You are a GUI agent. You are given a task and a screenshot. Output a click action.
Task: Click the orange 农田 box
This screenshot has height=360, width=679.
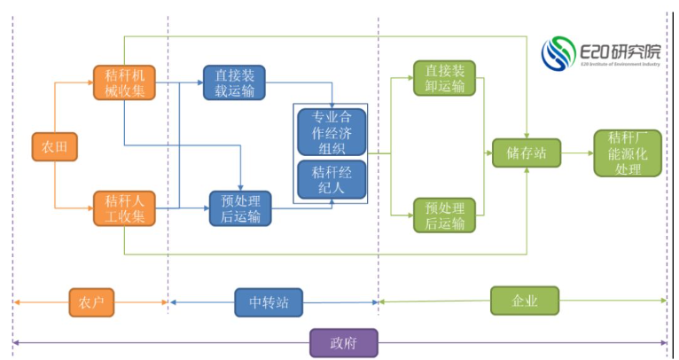[x=54, y=145]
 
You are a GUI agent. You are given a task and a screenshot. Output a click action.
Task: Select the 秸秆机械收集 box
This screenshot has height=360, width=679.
[x=125, y=82]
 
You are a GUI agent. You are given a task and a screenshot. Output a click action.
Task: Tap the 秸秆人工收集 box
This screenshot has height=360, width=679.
[x=125, y=208]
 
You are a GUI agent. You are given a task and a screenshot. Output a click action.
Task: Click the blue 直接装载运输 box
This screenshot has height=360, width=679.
[x=235, y=82]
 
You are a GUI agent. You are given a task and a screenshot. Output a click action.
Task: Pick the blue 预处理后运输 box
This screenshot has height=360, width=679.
[x=240, y=208]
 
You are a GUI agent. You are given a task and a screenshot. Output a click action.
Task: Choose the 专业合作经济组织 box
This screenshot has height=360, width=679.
[x=332, y=131]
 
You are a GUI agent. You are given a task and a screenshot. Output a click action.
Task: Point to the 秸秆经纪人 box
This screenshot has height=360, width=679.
[x=332, y=178]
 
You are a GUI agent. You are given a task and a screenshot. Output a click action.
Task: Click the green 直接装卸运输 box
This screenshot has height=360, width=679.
[x=444, y=79]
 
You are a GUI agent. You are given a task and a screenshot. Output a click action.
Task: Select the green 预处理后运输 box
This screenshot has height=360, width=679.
[x=444, y=215]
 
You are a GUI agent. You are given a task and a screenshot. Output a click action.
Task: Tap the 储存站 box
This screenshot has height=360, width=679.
[x=527, y=153]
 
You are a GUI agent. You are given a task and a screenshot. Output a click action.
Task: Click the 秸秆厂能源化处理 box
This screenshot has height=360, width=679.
[x=628, y=153]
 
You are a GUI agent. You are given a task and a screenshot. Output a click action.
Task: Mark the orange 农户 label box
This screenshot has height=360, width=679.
[x=91, y=302]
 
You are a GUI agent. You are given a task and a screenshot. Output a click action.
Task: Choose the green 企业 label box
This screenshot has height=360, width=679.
[x=526, y=301]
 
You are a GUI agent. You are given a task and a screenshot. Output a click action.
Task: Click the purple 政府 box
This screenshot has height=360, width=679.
[x=343, y=342]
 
